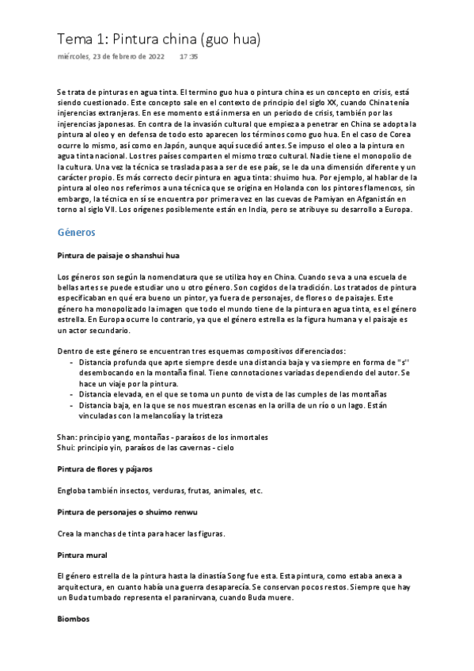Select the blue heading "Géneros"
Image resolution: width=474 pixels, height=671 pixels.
(x=77, y=233)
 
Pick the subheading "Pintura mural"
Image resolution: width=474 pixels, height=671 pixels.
(x=82, y=554)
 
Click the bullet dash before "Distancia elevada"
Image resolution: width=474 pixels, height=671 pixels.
(x=72, y=393)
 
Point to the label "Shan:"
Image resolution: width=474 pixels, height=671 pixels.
(x=68, y=437)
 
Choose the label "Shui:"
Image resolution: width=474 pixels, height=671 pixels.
(x=67, y=447)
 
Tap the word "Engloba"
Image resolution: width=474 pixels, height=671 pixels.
(x=74, y=491)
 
